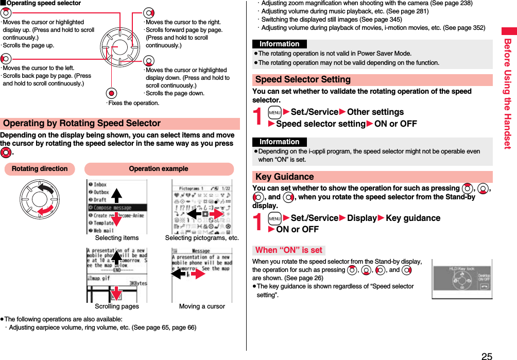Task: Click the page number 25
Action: point(487,355)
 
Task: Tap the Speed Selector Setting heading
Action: point(303,80)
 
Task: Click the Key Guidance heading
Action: point(284,177)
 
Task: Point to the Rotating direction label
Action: point(40,169)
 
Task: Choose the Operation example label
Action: point(159,169)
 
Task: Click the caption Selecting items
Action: point(117,238)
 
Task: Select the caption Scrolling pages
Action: point(117,306)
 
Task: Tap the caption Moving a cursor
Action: point(202,306)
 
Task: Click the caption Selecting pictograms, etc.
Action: point(202,238)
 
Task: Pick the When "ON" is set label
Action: point(288,250)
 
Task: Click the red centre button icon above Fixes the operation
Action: point(110,94)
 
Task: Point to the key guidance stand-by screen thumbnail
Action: point(462,279)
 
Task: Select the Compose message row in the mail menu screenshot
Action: point(117,208)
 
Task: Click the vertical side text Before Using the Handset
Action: point(508,93)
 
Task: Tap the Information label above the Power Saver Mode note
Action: point(279,44)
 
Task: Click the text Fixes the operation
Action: point(133,103)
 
